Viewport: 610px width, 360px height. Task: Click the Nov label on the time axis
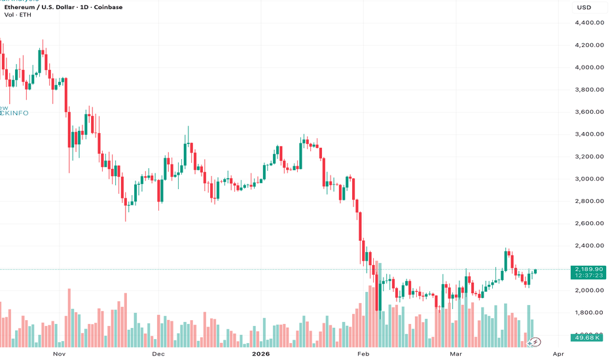60,353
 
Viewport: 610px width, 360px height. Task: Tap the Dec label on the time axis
158,353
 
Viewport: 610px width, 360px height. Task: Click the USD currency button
584,8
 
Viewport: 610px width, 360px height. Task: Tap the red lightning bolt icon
535,341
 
